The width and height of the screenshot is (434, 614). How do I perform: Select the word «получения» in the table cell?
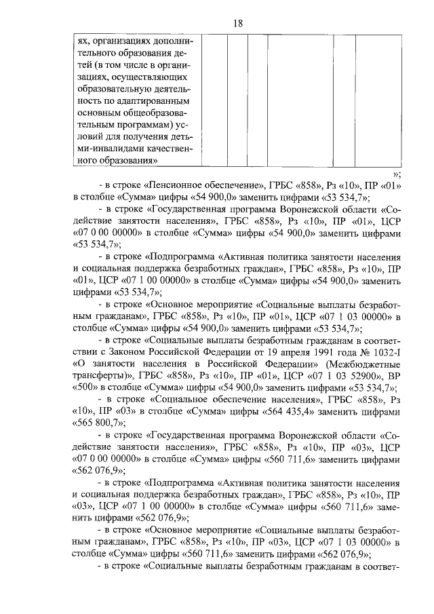(x=138, y=136)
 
